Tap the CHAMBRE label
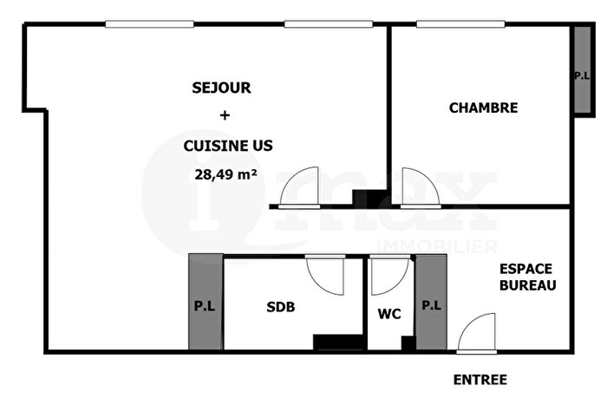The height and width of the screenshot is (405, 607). [483, 108]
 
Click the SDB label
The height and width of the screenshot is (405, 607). [280, 306]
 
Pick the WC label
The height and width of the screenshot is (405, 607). [388, 314]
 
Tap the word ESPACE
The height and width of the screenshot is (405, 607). [526, 269]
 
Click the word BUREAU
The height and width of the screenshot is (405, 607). [526, 284]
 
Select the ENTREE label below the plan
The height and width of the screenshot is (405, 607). [480, 380]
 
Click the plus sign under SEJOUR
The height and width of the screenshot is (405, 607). [225, 115]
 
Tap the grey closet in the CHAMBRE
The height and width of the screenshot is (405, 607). [581, 69]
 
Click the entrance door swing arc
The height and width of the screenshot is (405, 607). [475, 334]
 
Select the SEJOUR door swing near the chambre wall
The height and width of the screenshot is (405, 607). [307, 187]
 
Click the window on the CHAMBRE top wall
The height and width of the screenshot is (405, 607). [451, 24]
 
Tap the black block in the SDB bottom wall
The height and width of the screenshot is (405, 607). [337, 342]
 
